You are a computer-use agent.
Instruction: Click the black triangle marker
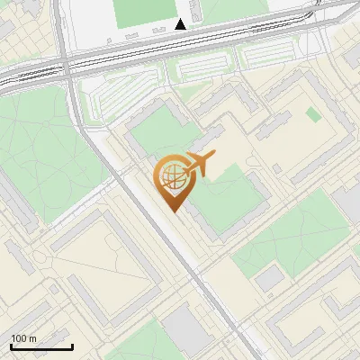pyautogui.click(x=181, y=24)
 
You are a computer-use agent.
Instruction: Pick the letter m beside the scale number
pyautogui.click(x=32, y=338)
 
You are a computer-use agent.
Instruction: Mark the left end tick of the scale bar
pyautogui.click(x=12, y=346)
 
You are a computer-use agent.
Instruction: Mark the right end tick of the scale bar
pyautogui.click(x=72, y=346)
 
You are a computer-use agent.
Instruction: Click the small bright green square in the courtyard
pyautogui.click(x=312, y=114)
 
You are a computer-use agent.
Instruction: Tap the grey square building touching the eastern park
pyautogui.click(x=269, y=279)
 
